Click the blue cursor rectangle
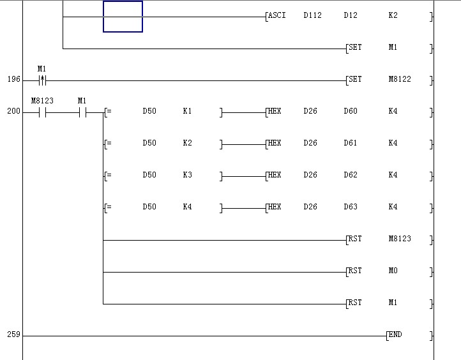click(123, 17)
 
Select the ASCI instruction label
click(277, 15)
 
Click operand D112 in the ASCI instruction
click(312, 15)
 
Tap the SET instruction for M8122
click(354, 79)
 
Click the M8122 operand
click(400, 79)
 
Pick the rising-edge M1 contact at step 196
click(42, 80)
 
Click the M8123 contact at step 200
click(42, 112)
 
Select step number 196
click(13, 80)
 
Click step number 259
click(13, 334)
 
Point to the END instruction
click(395, 334)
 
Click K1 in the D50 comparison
click(187, 111)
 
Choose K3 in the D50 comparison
click(187, 175)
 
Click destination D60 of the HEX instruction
click(351, 111)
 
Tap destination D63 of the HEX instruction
click(351, 207)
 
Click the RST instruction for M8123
click(354, 239)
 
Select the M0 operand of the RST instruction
click(393, 271)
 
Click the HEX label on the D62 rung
click(274, 175)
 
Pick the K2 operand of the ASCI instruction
click(393, 15)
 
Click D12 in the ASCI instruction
click(351, 15)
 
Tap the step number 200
click(13, 112)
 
